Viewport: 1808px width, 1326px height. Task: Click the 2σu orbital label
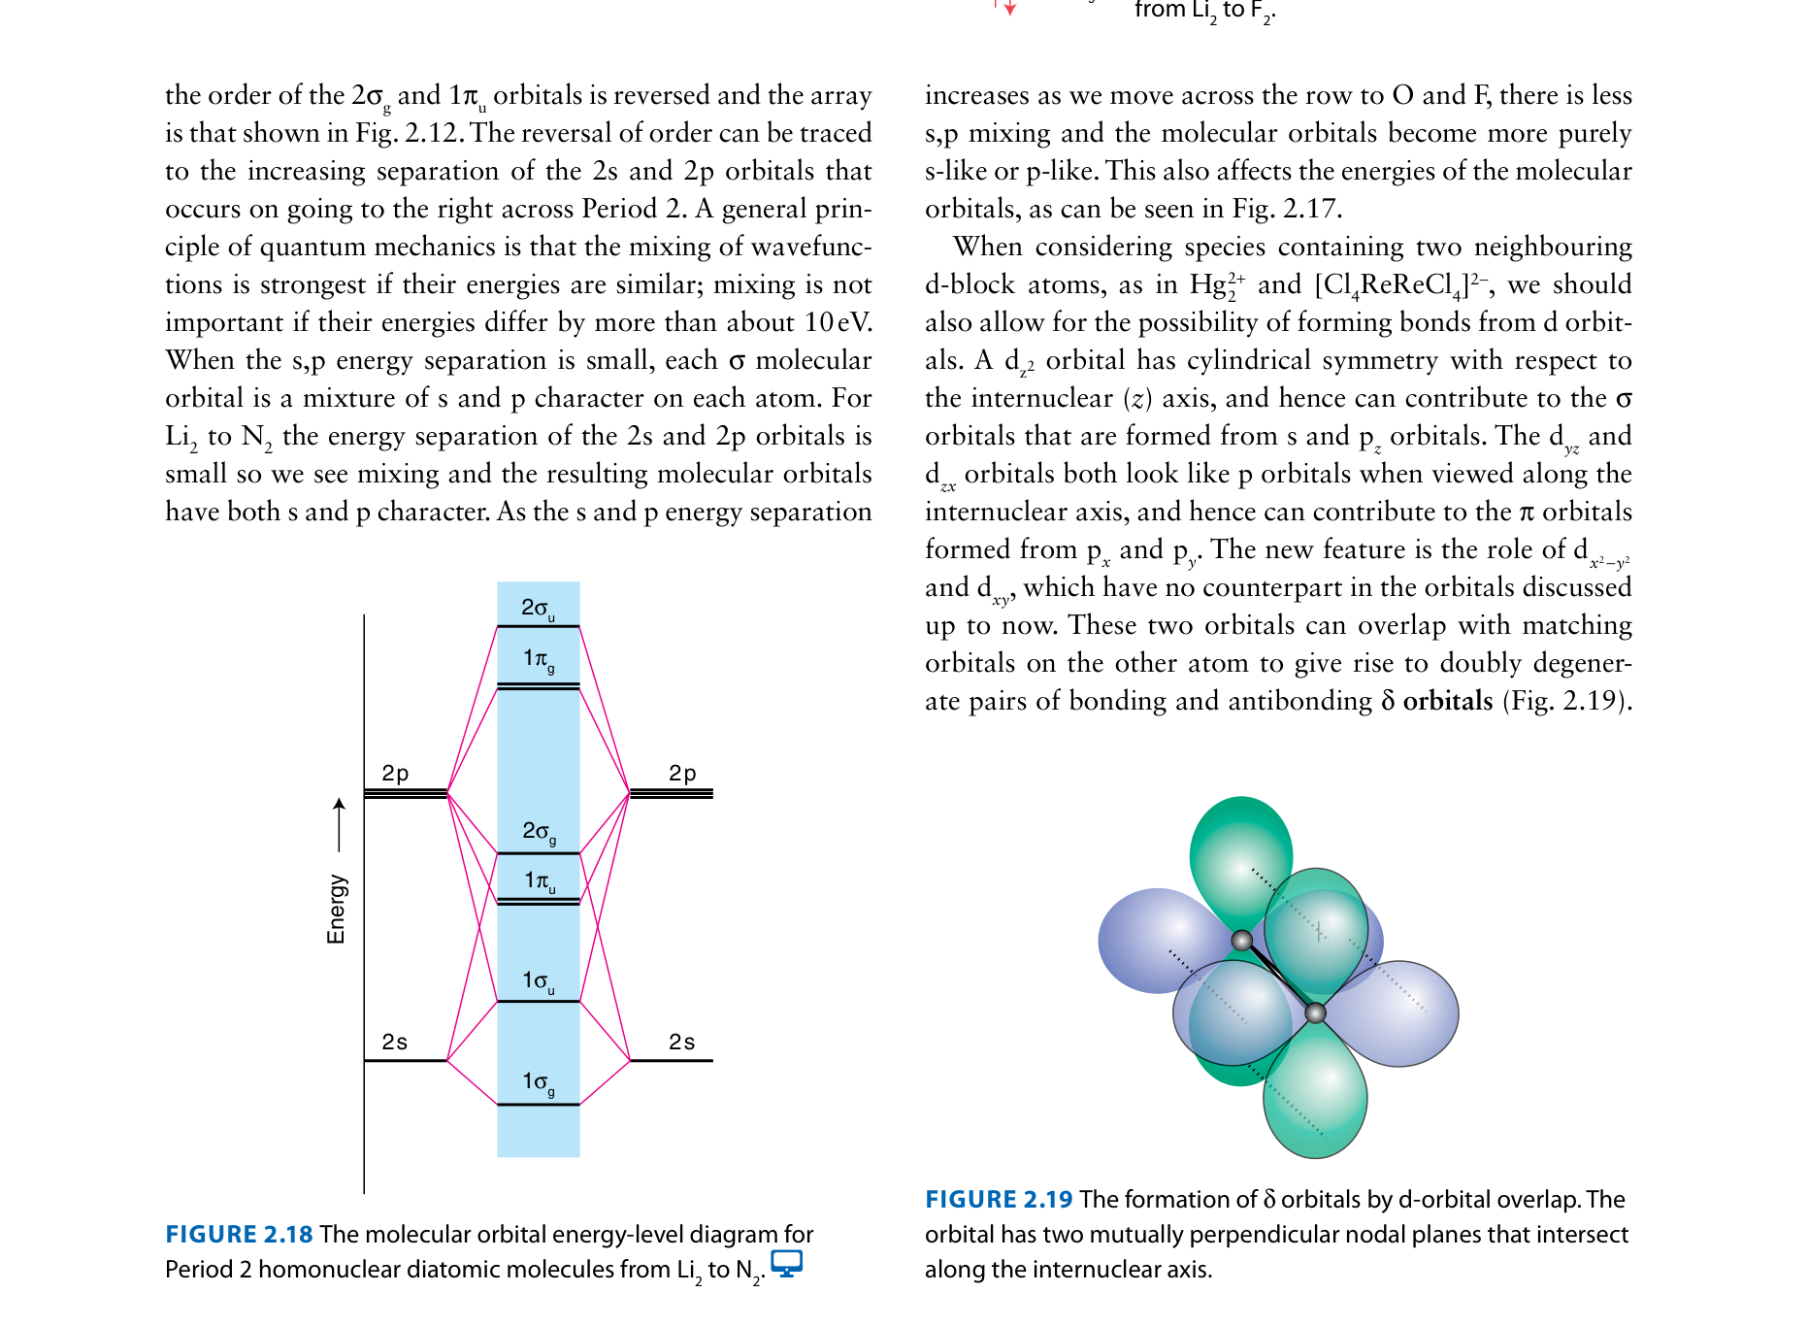click(x=538, y=609)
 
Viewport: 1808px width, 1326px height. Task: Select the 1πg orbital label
click(x=539, y=659)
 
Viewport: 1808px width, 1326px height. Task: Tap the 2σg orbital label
click(x=539, y=832)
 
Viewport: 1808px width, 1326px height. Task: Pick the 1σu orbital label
click(x=539, y=981)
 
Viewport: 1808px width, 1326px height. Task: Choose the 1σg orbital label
click(x=539, y=1082)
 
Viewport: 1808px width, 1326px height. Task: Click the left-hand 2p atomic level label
click(x=395, y=773)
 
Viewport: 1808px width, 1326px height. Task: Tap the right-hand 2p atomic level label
click(x=682, y=773)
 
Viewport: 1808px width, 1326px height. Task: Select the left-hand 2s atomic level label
click(x=395, y=1042)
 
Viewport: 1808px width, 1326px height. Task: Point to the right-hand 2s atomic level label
click(x=682, y=1042)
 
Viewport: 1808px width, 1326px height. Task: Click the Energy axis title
click(x=336, y=909)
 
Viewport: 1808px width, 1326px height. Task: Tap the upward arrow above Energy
click(x=339, y=824)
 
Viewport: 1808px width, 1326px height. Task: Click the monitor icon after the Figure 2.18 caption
click(x=786, y=1263)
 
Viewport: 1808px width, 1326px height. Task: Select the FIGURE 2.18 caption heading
click(x=239, y=1234)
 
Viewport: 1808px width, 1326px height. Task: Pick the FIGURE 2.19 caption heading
click(x=999, y=1199)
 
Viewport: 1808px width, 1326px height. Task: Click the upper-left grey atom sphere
click(x=1241, y=940)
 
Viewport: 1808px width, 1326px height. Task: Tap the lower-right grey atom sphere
click(x=1315, y=1013)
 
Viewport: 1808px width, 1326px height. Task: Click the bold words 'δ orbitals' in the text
click(x=1437, y=701)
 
